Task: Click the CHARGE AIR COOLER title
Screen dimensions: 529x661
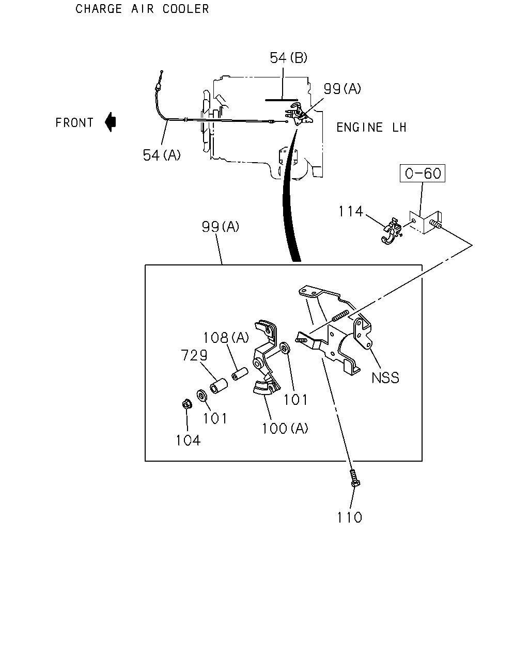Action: click(x=142, y=9)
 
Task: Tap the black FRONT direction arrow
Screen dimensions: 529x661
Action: click(x=111, y=122)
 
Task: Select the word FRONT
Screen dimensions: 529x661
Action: click(x=74, y=122)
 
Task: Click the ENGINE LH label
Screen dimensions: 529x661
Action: click(x=371, y=127)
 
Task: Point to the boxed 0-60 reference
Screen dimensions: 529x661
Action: click(x=423, y=173)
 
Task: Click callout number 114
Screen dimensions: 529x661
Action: click(x=351, y=211)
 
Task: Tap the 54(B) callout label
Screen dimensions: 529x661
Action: click(x=288, y=57)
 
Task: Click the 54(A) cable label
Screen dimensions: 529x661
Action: click(x=162, y=155)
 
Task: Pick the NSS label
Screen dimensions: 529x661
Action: click(x=385, y=378)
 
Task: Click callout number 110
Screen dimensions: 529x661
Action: click(x=350, y=517)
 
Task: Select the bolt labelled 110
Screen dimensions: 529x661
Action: click(x=355, y=478)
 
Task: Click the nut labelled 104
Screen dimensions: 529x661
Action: click(x=187, y=404)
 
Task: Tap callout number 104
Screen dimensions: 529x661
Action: click(x=188, y=440)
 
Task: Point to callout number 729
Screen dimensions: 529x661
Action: click(x=194, y=355)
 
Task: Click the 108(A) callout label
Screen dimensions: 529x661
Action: click(x=226, y=338)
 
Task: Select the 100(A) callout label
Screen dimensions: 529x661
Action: click(x=285, y=428)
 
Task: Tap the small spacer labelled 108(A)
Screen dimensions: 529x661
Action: click(x=240, y=373)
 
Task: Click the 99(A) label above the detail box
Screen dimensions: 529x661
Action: click(x=221, y=227)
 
